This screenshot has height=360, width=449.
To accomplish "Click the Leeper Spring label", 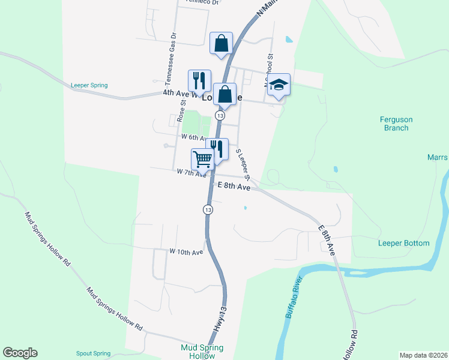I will (x=89, y=85).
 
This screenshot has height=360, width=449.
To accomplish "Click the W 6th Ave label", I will (x=194, y=137).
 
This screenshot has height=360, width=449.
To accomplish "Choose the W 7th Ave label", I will (x=191, y=172).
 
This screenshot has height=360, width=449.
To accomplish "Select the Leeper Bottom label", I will (x=403, y=243).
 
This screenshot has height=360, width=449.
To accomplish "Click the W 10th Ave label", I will (x=186, y=252).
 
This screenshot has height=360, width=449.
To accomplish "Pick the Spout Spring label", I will (x=94, y=353).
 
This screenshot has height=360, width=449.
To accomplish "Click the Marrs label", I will (x=438, y=158).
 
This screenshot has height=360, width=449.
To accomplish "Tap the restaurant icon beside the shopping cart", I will (x=217, y=149).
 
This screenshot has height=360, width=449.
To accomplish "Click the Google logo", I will (x=20, y=353).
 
